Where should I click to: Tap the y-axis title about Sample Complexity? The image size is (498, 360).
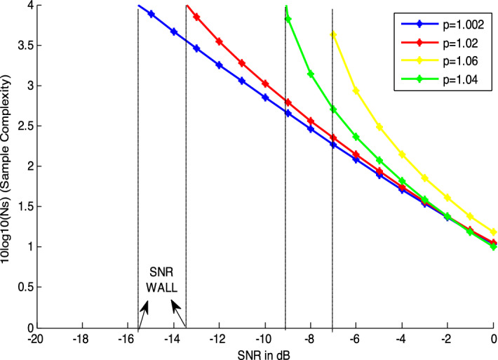point(8,166)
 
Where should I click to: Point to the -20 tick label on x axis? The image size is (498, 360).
point(38,338)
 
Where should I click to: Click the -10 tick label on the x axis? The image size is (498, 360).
point(265,338)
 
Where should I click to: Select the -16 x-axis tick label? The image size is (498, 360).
point(128,338)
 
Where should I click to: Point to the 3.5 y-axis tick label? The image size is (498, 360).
point(25,46)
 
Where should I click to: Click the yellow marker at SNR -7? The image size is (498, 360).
point(333,34)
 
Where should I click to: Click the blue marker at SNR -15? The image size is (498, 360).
point(152,14)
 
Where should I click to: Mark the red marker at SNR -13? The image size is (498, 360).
point(196,17)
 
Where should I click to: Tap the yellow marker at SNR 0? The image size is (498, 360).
point(493,232)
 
